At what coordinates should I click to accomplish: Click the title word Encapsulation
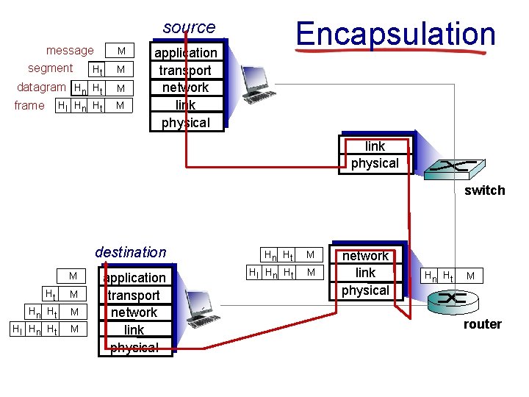point(395,34)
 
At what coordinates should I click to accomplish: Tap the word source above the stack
point(189,27)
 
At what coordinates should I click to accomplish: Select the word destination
point(131,252)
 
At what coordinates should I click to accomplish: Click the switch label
point(484,190)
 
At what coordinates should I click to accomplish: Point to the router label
point(482,324)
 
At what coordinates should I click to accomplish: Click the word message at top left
point(70,51)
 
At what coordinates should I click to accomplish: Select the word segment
point(50,68)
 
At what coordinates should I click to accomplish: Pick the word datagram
point(41,87)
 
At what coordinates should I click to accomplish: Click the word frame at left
point(29,105)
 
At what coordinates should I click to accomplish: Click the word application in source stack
point(186,53)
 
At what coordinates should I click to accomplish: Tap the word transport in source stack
point(186,71)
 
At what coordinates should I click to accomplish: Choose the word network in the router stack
point(365,256)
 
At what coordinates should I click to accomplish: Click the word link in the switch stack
point(375,146)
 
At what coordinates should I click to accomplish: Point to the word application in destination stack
point(134,278)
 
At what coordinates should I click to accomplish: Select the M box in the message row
point(122,51)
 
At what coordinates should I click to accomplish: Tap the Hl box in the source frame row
point(63,106)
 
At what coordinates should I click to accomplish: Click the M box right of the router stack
point(470,276)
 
